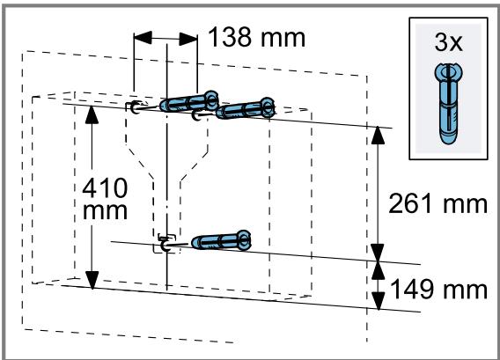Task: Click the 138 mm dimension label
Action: (257, 38)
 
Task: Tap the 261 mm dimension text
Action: (437, 203)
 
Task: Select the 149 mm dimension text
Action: (438, 289)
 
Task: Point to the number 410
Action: (105, 188)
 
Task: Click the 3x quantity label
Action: (448, 42)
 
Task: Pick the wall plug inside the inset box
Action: (448, 104)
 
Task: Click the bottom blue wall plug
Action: (221, 241)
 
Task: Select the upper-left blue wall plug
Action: (189, 102)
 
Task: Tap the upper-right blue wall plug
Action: (246, 109)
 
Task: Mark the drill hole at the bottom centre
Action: (165, 246)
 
